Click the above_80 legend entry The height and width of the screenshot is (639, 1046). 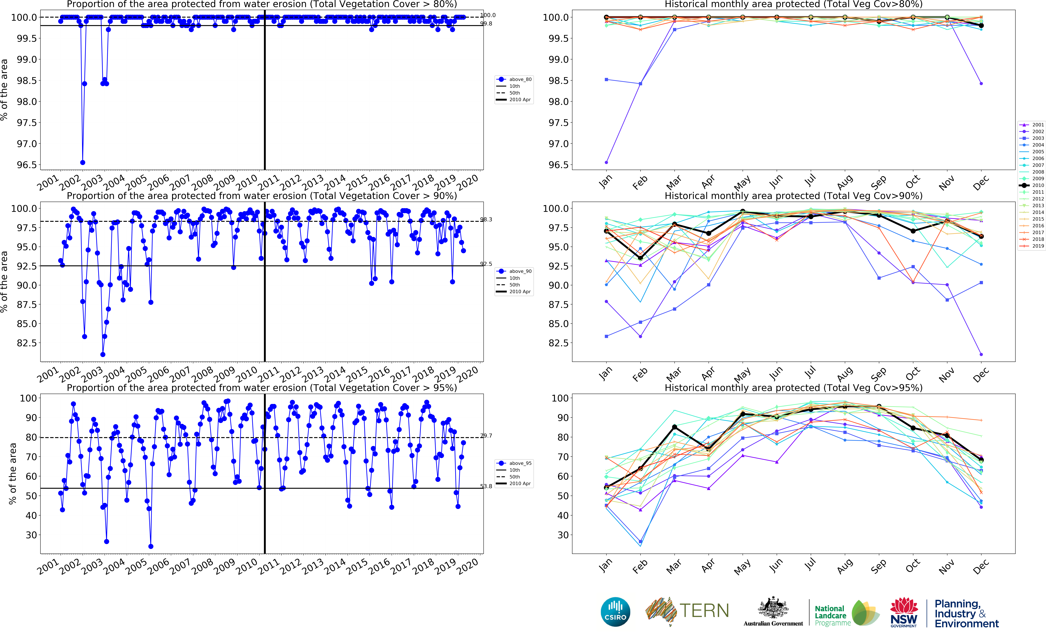[x=515, y=79]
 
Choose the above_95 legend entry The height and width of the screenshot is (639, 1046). [x=515, y=463]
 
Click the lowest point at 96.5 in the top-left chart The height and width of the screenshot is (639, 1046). [x=83, y=163]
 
